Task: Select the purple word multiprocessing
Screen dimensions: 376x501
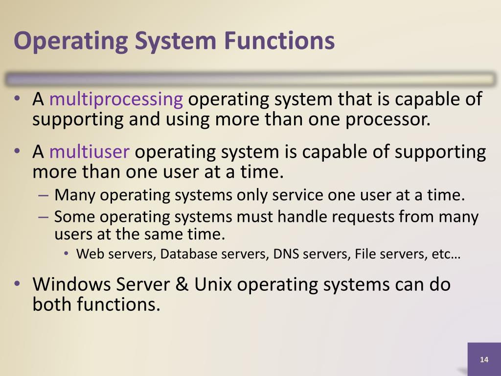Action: (x=116, y=99)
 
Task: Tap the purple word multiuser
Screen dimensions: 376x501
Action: (x=89, y=152)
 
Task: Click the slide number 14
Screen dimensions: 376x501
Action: (x=484, y=360)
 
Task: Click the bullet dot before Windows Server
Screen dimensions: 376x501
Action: (x=17, y=283)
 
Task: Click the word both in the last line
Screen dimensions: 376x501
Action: (x=52, y=305)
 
